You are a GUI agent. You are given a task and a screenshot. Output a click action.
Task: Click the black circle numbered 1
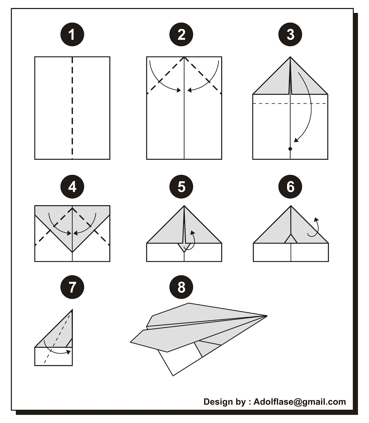pyautogui.click(x=72, y=34)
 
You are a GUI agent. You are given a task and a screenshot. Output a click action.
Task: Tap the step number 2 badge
pyautogui.click(x=181, y=34)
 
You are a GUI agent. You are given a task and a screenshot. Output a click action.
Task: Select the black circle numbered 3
pyautogui.click(x=290, y=34)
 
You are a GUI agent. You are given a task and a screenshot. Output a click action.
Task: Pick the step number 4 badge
pyautogui.click(x=72, y=187)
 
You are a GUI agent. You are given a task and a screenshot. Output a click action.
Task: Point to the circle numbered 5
pyautogui.click(x=181, y=187)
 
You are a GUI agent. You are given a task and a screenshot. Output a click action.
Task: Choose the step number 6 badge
pyautogui.click(x=290, y=187)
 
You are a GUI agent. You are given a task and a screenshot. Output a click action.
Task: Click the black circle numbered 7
pyautogui.click(x=72, y=287)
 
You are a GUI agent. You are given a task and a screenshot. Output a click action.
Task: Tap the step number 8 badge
pyautogui.click(x=181, y=287)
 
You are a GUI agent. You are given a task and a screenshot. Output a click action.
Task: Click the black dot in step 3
pyautogui.click(x=290, y=149)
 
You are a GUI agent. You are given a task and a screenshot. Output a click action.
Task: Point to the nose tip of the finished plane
pyautogui.click(x=267, y=316)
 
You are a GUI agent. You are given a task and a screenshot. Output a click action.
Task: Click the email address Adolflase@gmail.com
pyautogui.click(x=300, y=402)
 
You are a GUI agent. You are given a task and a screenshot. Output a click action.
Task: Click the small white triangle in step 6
pyautogui.click(x=291, y=239)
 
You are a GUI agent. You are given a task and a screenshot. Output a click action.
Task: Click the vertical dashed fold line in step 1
pyautogui.click(x=72, y=108)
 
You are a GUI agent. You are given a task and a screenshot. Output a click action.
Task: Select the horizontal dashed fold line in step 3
pyautogui.click(x=290, y=103)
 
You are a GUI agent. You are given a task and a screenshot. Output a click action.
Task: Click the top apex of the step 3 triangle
pyautogui.click(x=290, y=57)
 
